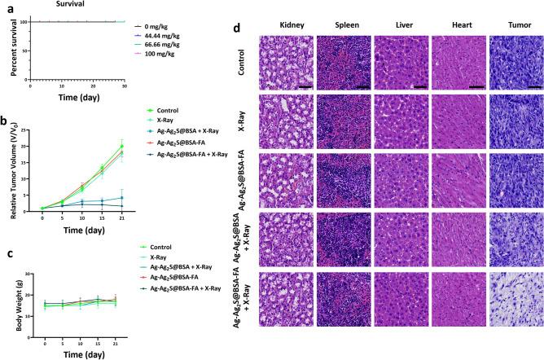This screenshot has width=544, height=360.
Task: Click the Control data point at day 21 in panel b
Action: (121, 147)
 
